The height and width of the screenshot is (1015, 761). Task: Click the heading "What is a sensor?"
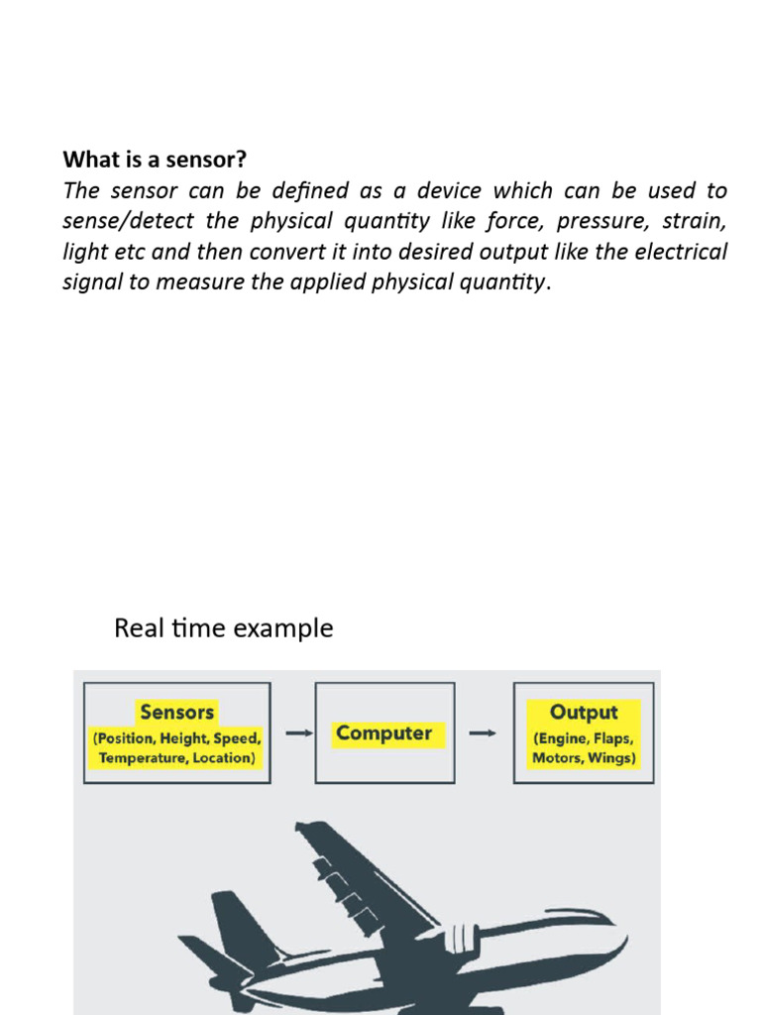coord(155,159)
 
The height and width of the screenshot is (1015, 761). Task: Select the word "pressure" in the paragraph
coord(592,220)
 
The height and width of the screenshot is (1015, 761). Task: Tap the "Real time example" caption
coord(224,628)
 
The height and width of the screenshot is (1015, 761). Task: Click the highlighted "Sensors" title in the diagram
coord(177,712)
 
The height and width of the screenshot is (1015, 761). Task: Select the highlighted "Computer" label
coord(383,733)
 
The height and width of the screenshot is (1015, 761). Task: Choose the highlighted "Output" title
coord(584,712)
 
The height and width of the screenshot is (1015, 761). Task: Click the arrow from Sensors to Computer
coord(293,733)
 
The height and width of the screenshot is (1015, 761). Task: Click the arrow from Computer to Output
coord(483,733)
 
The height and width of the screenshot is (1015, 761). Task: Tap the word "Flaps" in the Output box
coord(611,738)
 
